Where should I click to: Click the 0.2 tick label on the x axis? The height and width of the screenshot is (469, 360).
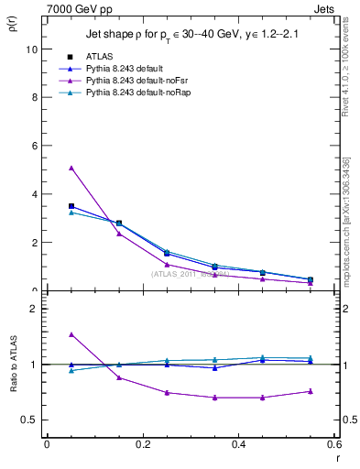[142, 444]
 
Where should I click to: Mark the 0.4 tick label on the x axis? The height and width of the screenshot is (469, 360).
[238, 444]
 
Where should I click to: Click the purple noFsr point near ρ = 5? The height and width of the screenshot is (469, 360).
[71, 169]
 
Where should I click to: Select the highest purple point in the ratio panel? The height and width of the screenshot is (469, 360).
[71, 335]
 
